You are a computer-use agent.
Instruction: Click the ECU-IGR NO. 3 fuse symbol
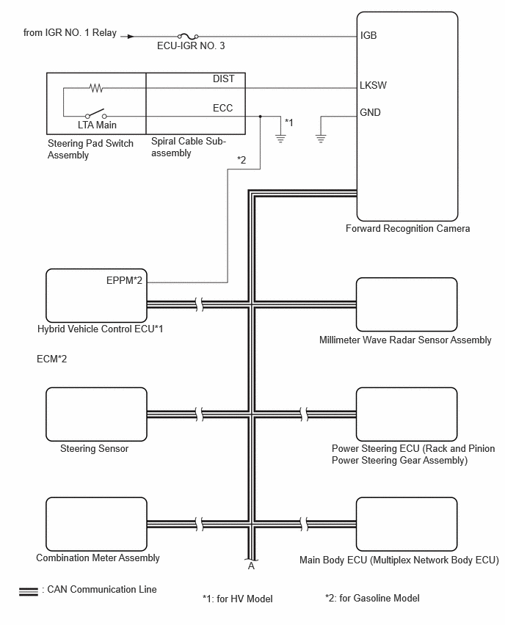click(188, 36)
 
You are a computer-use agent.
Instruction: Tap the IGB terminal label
click(368, 35)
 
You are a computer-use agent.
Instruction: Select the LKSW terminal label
click(373, 85)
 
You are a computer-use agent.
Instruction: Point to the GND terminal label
click(370, 112)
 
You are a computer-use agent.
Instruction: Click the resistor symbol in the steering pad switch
click(96, 88)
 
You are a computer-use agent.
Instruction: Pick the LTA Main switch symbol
click(96, 114)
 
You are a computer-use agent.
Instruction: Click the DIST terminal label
click(223, 79)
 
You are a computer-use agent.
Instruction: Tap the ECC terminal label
click(222, 108)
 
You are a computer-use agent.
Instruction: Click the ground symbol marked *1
click(280, 139)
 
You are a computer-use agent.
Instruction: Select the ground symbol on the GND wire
click(321, 139)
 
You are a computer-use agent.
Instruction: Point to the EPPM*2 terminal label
click(124, 280)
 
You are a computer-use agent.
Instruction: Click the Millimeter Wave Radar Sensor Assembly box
click(407, 304)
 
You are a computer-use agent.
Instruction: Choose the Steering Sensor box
click(97, 414)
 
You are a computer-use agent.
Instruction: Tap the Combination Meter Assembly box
click(97, 525)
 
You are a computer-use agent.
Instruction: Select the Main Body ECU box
click(407, 525)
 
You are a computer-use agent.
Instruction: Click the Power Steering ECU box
click(407, 414)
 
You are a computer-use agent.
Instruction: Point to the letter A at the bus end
click(251, 566)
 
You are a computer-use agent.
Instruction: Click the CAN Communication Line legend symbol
click(29, 592)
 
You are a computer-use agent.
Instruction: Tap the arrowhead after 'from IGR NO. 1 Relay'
click(131, 37)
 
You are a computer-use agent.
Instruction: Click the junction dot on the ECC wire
click(260, 117)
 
